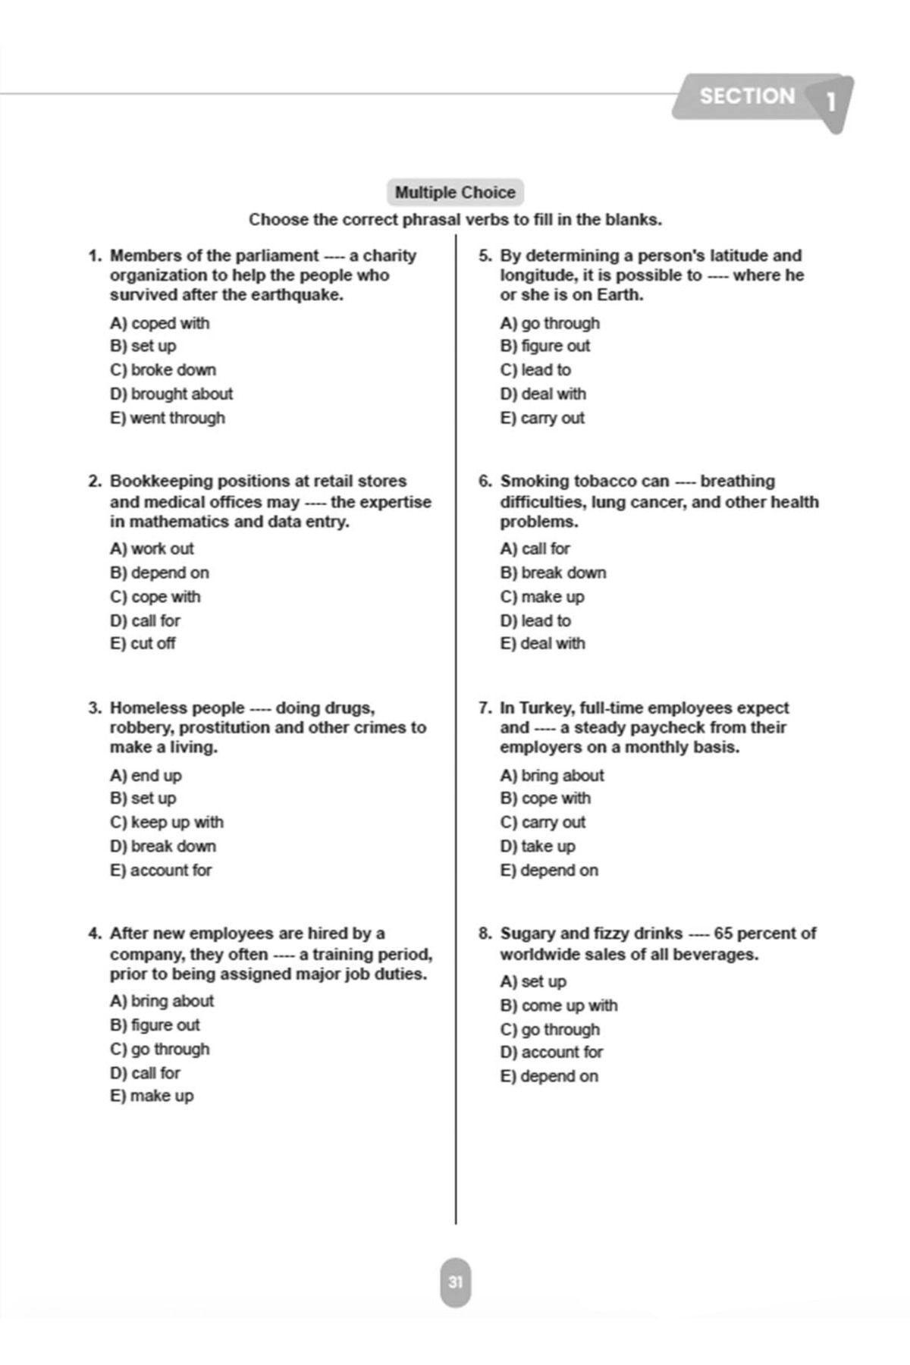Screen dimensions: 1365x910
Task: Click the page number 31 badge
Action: point(455,1282)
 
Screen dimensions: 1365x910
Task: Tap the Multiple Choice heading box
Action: point(455,193)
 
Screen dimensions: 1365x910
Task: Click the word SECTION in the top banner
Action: point(747,96)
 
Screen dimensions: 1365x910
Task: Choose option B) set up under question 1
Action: point(143,346)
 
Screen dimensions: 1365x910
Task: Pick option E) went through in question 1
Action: point(168,418)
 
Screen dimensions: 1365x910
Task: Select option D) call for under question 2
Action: point(146,620)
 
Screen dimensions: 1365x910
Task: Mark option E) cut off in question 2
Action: point(143,643)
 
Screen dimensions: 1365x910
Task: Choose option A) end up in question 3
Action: point(146,775)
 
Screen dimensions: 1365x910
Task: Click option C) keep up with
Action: point(167,822)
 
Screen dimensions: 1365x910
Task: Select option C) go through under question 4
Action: point(160,1049)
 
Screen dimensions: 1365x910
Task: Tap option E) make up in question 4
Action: point(152,1096)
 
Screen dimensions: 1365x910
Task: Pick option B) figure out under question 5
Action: point(544,346)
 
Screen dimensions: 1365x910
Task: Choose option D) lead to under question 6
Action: point(535,620)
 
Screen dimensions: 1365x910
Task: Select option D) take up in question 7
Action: point(538,846)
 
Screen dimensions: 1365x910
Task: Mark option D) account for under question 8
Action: point(551,1052)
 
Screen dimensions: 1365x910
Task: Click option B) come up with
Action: point(559,1006)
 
